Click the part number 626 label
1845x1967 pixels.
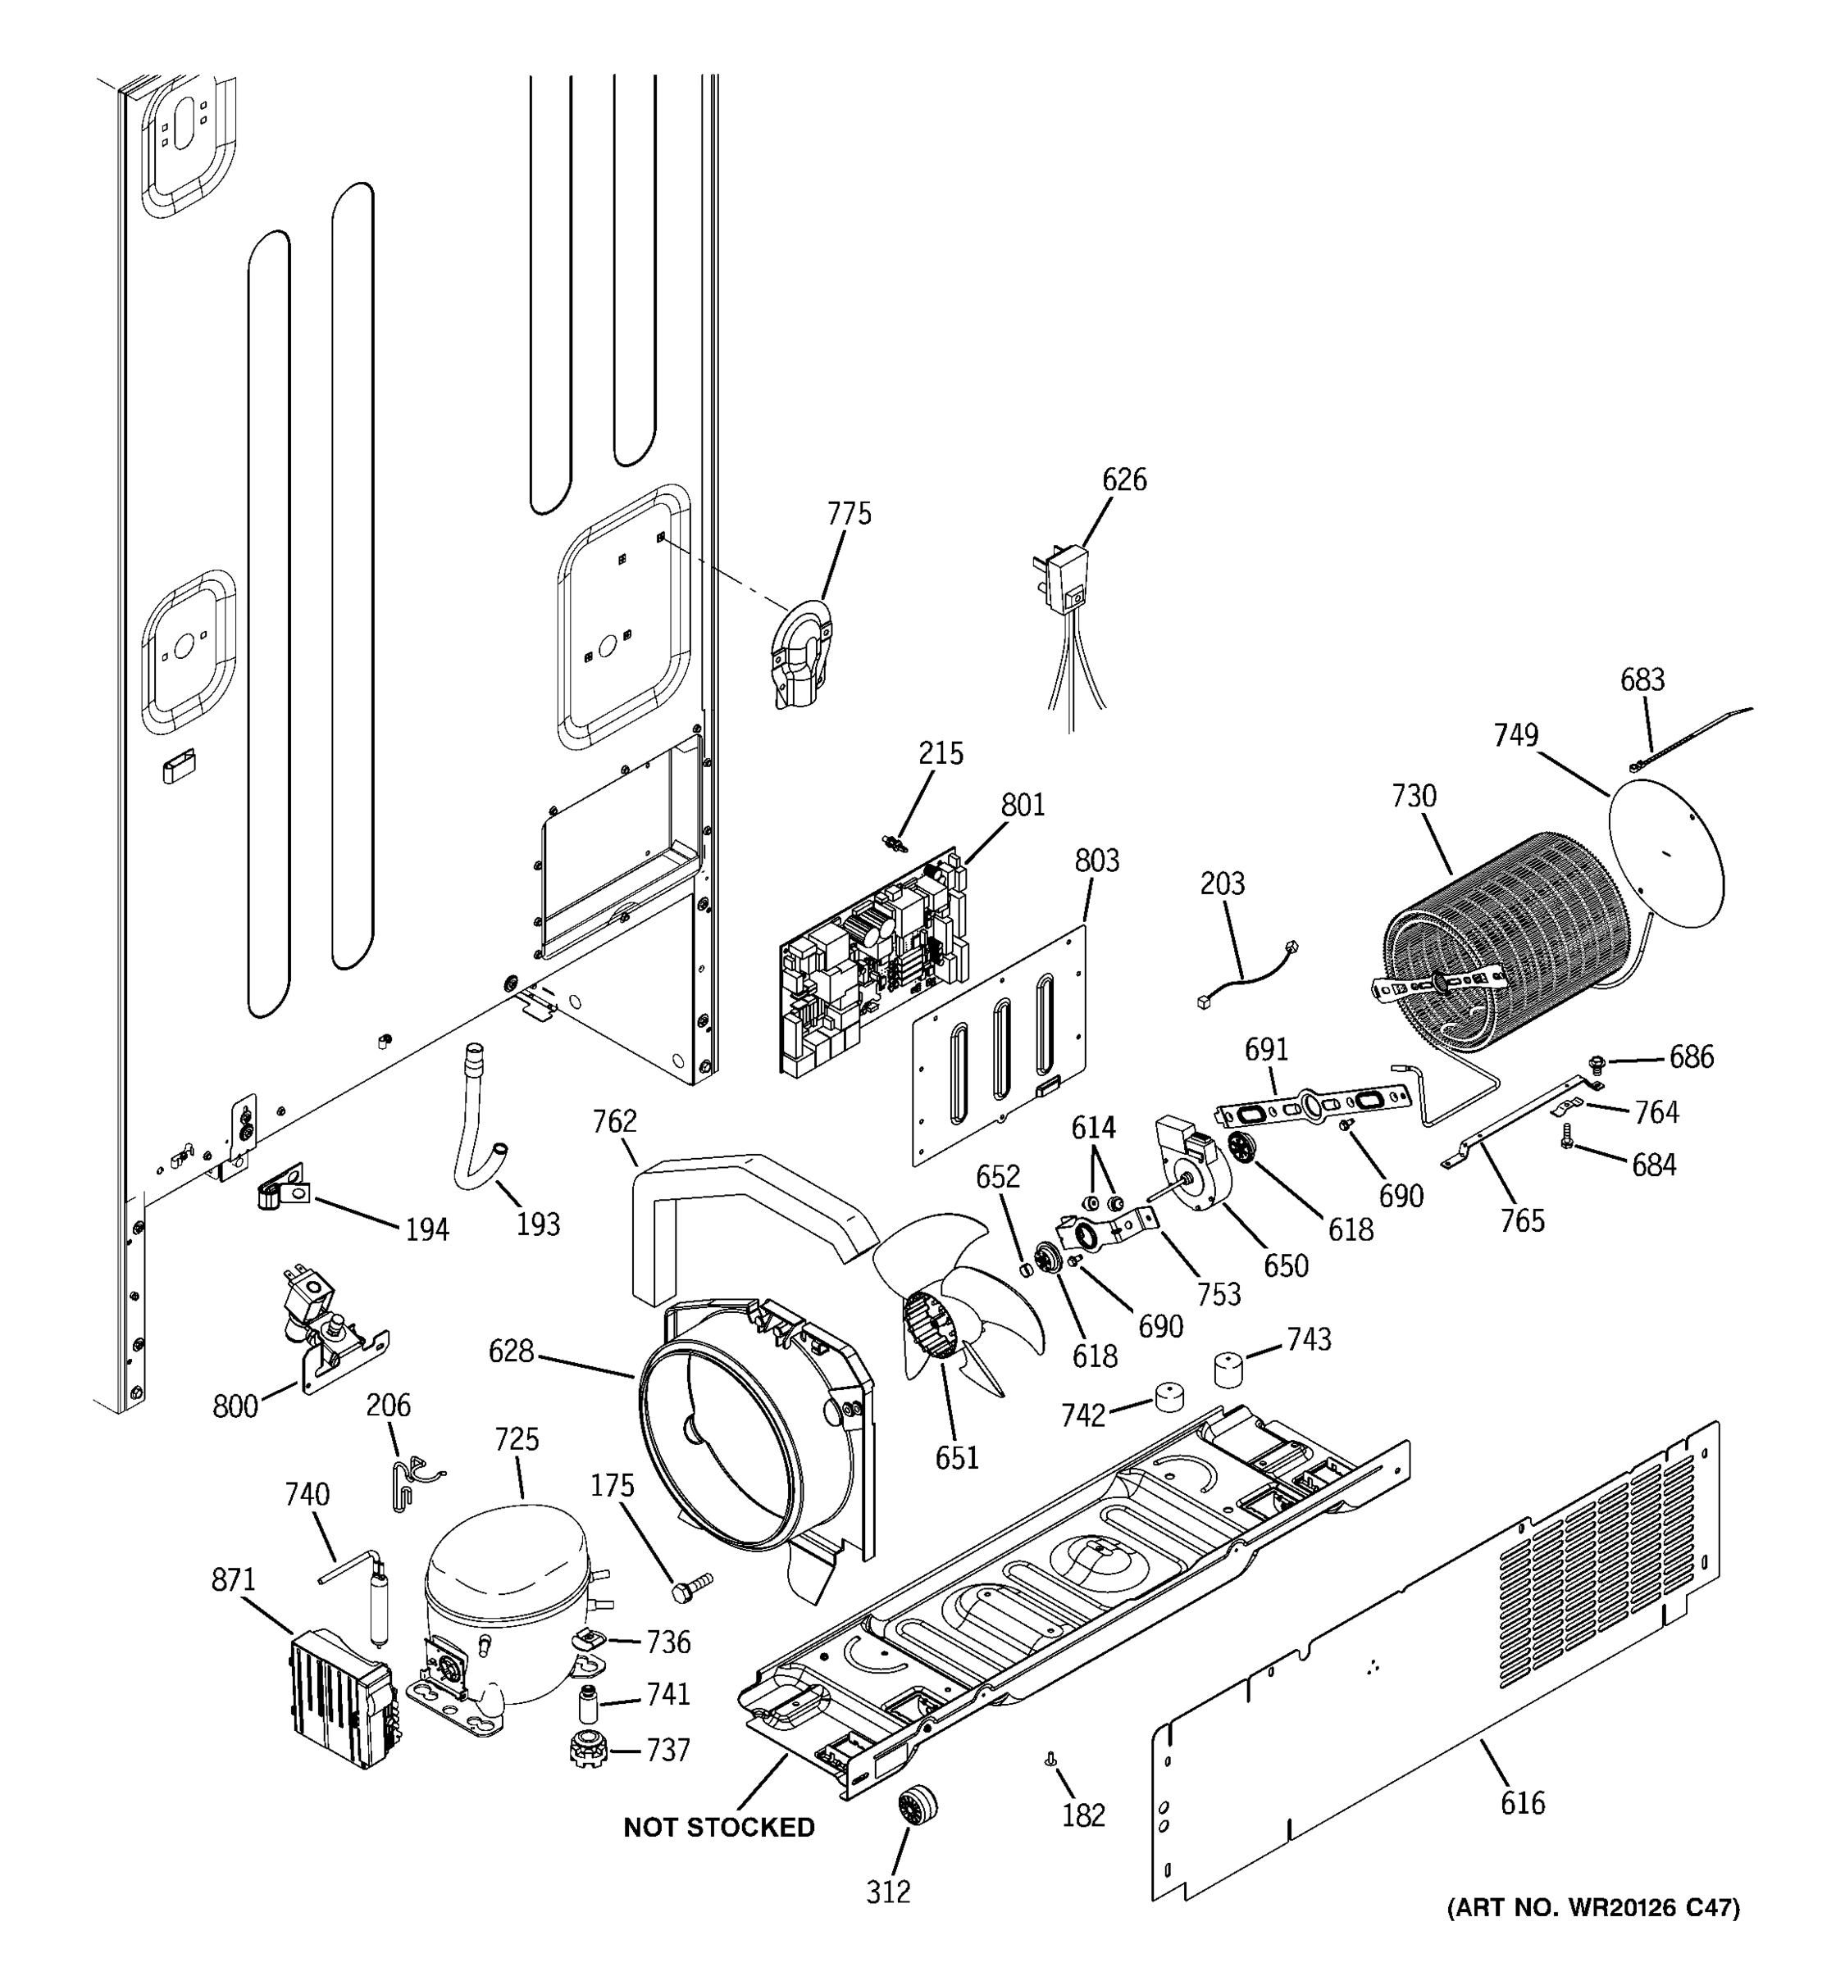(1123, 480)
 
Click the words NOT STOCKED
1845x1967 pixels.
(718, 1828)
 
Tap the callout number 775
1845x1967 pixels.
(848, 514)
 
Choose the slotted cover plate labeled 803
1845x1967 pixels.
(1000, 1049)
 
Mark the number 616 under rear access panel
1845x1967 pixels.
(1521, 1804)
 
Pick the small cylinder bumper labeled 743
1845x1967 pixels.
(1228, 1369)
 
